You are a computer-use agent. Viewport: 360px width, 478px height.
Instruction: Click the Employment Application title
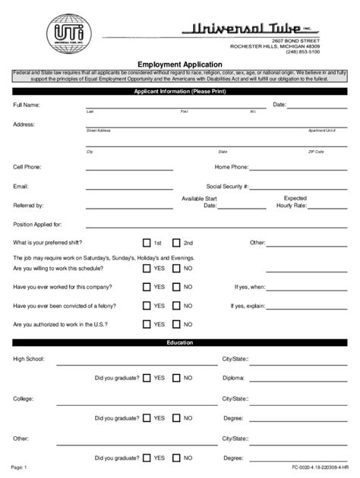(x=180, y=65)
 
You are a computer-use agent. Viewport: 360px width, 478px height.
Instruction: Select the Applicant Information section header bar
(x=180, y=91)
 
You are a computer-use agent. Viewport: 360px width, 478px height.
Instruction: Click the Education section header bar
(x=180, y=343)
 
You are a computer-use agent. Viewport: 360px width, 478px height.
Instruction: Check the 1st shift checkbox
(x=147, y=243)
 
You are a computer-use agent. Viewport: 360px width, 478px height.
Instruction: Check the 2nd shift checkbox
(x=176, y=243)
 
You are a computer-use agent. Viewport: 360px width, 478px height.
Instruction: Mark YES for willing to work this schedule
(x=147, y=269)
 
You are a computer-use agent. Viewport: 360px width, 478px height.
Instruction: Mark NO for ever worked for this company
(x=176, y=288)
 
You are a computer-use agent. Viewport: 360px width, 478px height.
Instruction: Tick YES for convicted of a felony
(x=147, y=306)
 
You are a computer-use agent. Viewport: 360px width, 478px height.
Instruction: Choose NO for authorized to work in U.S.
(x=176, y=324)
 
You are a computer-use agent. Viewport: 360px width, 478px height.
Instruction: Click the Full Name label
(x=26, y=105)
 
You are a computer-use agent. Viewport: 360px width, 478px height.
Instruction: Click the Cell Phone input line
(x=129, y=168)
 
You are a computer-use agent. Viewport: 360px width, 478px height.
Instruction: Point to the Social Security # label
(x=227, y=186)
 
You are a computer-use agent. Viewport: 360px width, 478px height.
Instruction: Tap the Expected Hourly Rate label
(x=291, y=202)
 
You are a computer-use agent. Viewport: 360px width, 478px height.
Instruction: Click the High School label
(x=29, y=358)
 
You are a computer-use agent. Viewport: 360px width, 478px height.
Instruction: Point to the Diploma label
(x=234, y=377)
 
